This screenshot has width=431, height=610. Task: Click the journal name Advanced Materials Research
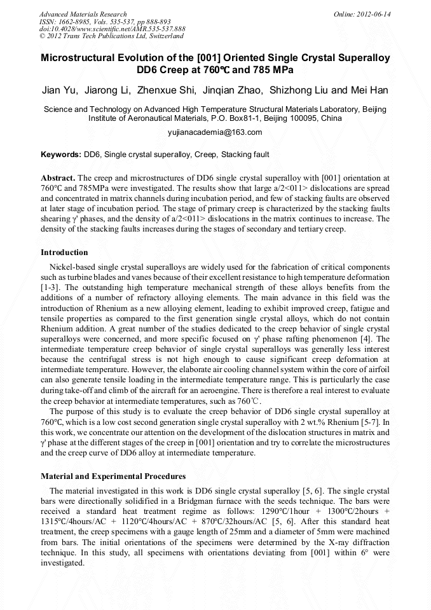83,14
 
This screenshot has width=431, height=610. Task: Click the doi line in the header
112,29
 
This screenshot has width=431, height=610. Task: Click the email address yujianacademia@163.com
215,132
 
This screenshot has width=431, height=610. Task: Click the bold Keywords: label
61,155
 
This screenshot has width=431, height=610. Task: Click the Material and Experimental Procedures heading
113,476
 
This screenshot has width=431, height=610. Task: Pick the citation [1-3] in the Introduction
51,287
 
